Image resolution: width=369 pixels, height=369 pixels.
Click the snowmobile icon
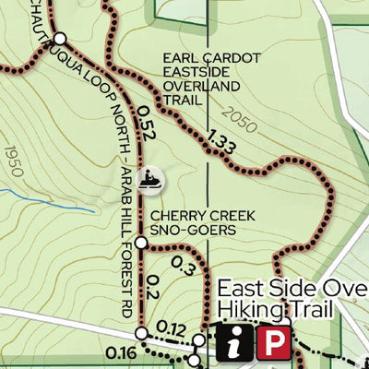pos(149,180)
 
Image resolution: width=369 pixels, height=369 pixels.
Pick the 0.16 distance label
pos(121,351)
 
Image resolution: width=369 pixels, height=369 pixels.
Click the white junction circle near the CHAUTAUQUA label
pos(60,39)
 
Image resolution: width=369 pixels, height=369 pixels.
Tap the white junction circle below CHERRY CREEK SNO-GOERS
pos(141,243)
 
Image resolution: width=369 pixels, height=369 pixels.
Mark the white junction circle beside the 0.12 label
pos(141,332)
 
